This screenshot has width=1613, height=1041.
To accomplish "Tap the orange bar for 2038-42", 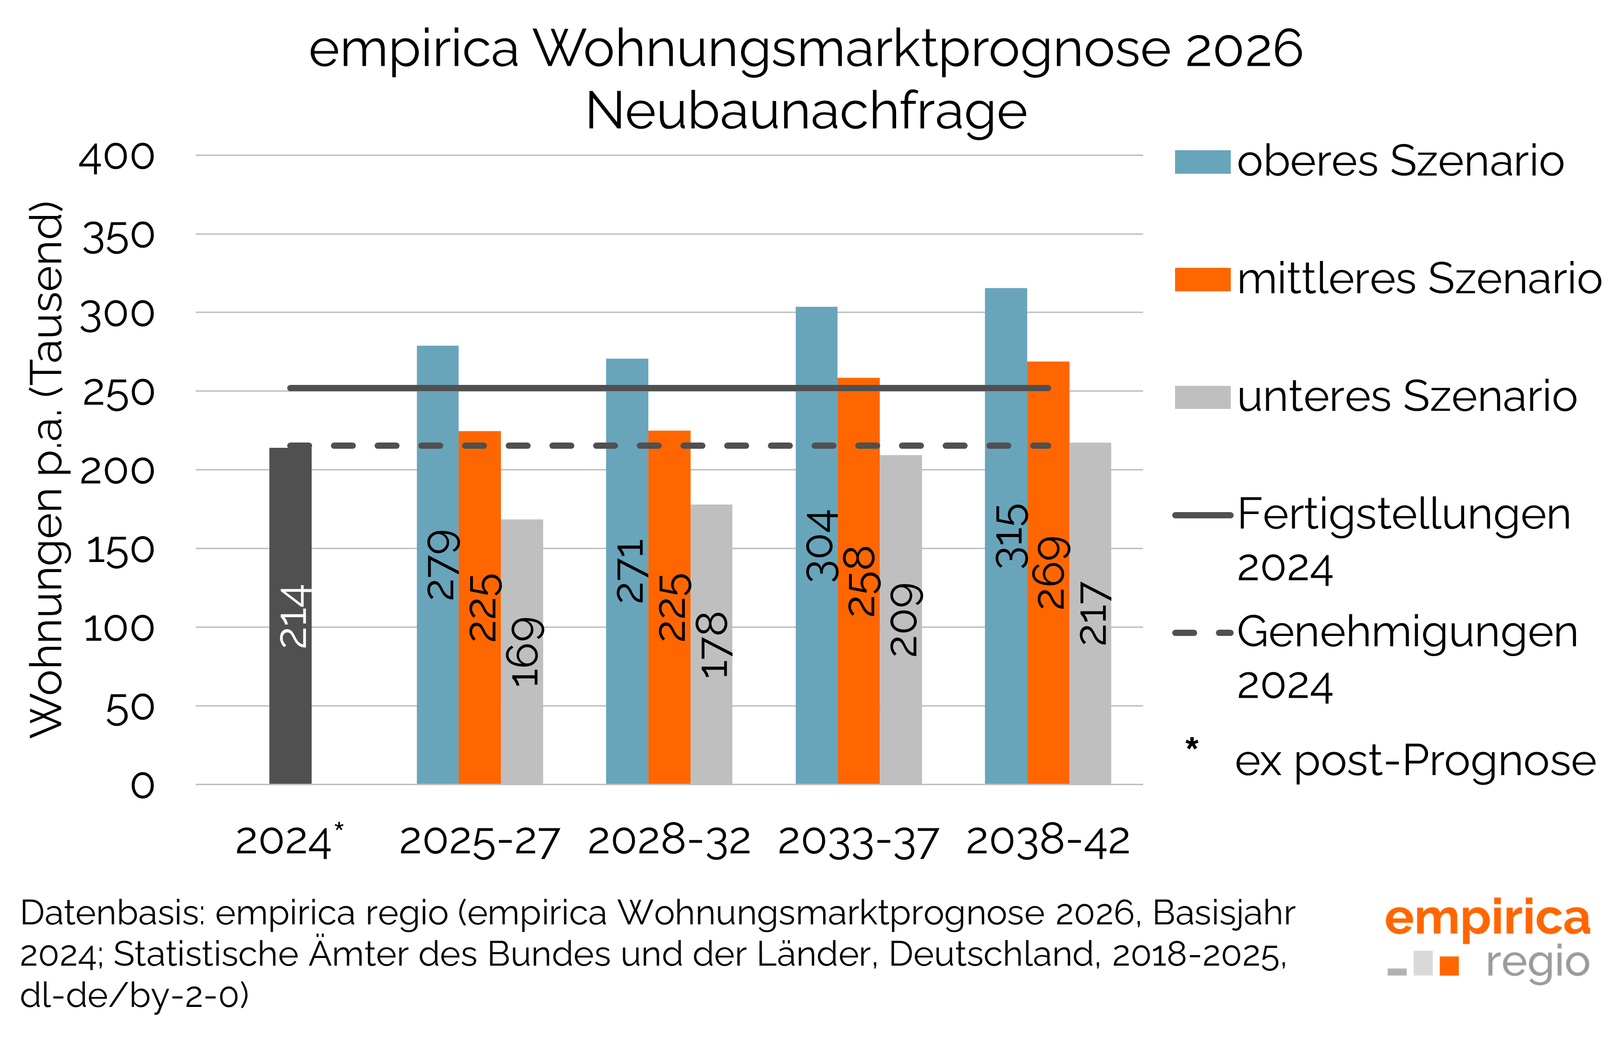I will (1048, 676).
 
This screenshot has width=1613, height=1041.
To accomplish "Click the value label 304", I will (821, 546).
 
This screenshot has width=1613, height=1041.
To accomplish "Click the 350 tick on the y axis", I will (118, 237).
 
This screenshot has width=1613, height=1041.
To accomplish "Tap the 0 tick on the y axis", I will (143, 786).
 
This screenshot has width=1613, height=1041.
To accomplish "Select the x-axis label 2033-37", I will (858, 842).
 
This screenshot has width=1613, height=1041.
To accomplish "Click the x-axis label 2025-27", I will (480, 842).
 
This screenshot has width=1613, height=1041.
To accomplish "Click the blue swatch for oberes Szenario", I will (1202, 162).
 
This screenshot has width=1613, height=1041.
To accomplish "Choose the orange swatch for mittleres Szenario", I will (1202, 279).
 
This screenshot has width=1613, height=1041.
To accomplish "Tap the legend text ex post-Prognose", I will (1415, 761).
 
